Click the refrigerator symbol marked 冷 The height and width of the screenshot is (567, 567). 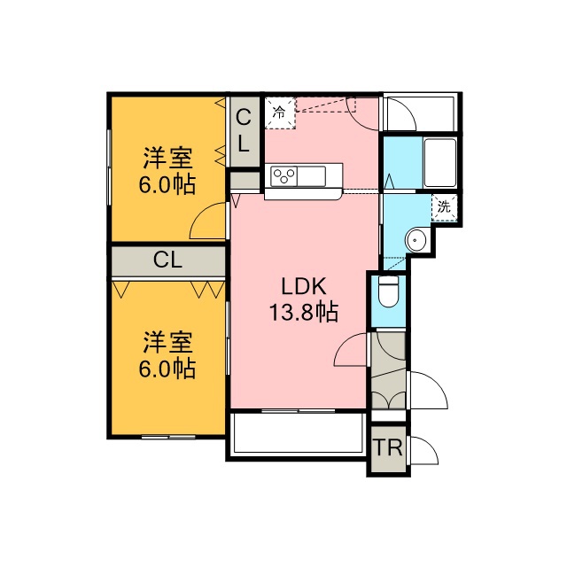280,113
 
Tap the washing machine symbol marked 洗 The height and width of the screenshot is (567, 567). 444,207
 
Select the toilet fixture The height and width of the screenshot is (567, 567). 388,291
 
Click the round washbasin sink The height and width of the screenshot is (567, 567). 416,239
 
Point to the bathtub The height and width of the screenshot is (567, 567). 440,162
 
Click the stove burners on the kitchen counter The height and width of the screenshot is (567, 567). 283,176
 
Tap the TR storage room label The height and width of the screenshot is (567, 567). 388,447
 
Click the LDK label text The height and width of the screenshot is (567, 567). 304,286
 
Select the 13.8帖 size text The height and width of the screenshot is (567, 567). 304,312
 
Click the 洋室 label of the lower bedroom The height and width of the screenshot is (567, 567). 167,342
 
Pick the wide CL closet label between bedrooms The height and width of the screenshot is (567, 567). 167,260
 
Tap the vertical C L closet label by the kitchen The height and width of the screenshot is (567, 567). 244,131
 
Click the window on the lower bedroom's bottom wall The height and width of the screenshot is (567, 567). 168,437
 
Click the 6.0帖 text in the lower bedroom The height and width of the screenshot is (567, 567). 167,369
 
